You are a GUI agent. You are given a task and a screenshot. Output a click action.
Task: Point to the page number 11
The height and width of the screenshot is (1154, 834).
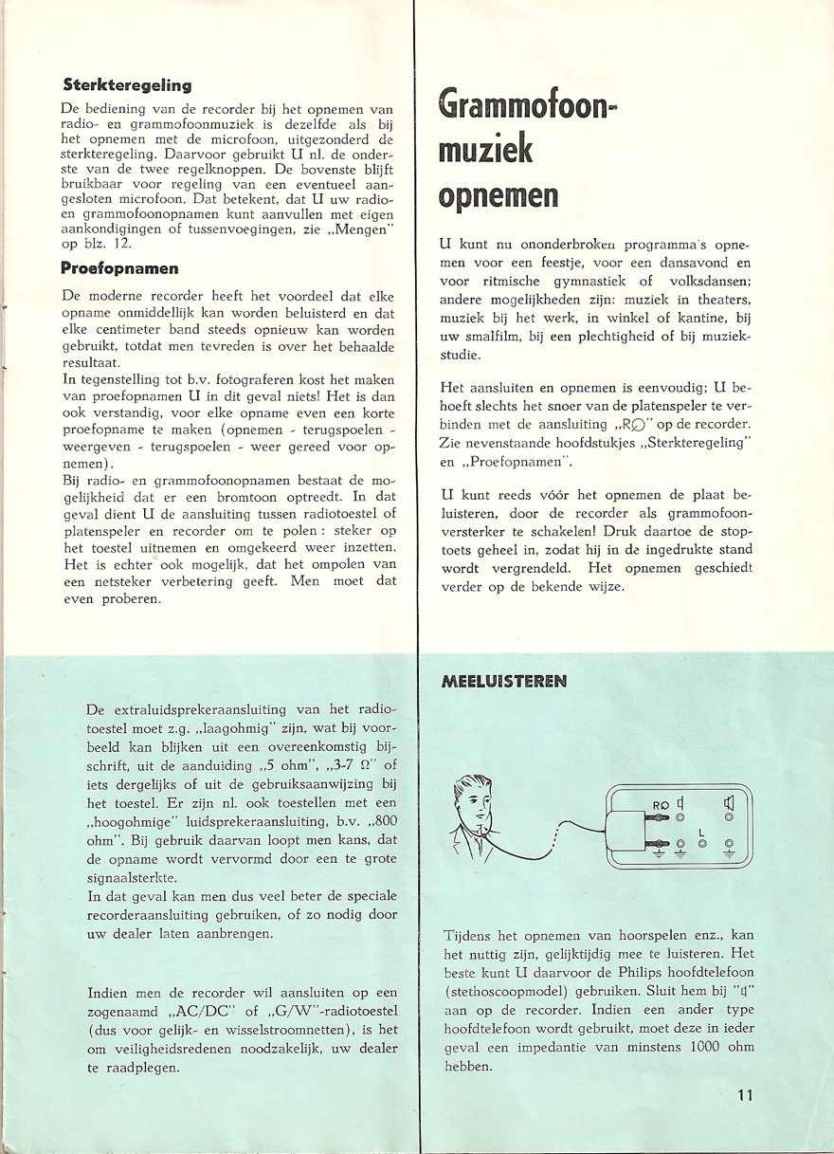[x=744, y=1096]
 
